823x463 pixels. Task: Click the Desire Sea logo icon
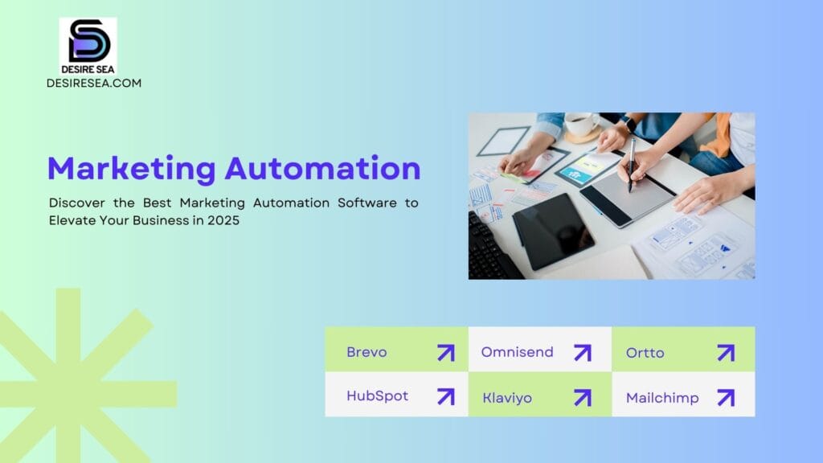point(88,46)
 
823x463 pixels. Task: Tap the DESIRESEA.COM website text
point(94,83)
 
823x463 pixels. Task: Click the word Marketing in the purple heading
point(131,169)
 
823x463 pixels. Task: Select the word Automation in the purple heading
point(323,168)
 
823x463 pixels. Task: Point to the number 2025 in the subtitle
point(223,220)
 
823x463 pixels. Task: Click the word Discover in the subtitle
point(76,203)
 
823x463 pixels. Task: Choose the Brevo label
point(366,352)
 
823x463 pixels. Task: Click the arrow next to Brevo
point(446,353)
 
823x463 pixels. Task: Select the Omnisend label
point(517,352)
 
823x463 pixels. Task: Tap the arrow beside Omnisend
point(583,353)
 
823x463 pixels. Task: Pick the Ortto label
point(645,353)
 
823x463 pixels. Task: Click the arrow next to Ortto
point(726,353)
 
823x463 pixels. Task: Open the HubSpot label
point(378,395)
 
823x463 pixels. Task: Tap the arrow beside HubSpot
point(446,397)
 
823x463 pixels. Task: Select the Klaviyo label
point(507,398)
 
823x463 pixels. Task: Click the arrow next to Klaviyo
point(583,398)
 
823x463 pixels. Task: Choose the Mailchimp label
point(662,398)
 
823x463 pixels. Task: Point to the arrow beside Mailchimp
point(726,398)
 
